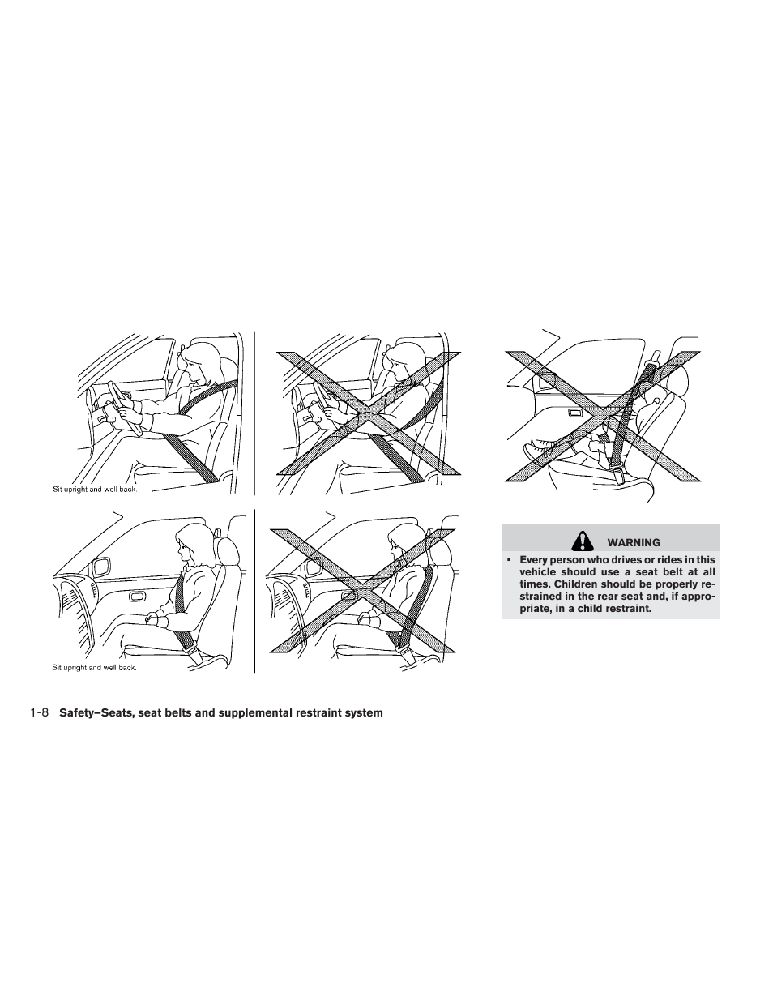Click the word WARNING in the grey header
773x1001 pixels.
pos(634,542)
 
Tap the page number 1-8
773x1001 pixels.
pos(40,713)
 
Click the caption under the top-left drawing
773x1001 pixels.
pos(95,490)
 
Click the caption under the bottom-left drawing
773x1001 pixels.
pos(95,668)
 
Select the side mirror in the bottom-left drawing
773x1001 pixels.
pos(104,567)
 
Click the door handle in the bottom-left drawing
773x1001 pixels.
pos(138,597)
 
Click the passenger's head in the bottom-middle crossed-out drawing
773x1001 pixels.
pos(403,544)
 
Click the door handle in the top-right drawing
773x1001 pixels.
pos(579,413)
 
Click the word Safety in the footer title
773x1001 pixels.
pos(78,713)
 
